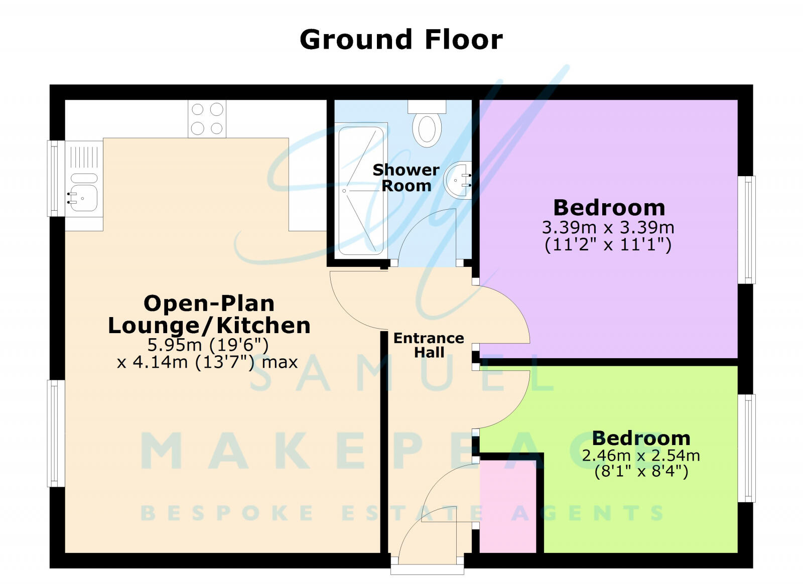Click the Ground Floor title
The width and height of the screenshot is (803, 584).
click(401, 40)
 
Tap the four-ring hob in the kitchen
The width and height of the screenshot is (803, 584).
click(207, 119)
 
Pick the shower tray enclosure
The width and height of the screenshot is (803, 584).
click(361, 190)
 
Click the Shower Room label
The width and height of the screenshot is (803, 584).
click(406, 178)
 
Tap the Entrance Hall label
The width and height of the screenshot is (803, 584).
click(429, 345)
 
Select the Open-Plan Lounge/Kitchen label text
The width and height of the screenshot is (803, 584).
click(209, 314)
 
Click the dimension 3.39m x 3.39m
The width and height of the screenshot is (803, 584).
click(608, 227)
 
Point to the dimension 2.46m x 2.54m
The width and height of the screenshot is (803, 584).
click(641, 455)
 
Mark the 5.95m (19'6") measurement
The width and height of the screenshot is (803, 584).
click(208, 345)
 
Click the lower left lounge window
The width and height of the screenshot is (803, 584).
click(56, 433)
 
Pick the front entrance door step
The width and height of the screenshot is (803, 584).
click(427, 568)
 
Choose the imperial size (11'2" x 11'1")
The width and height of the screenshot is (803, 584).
click(608, 245)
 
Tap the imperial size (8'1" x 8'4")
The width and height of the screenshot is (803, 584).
click(641, 471)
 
